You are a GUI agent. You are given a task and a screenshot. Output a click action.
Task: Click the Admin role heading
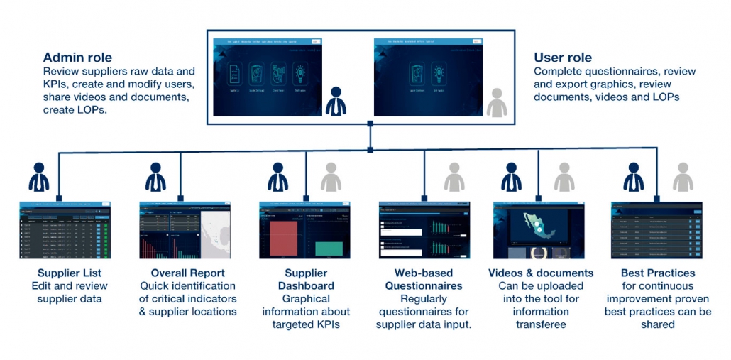tap(77, 58)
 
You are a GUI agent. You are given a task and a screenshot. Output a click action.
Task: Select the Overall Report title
tap(187, 273)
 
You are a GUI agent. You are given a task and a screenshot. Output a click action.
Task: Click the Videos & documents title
tap(541, 273)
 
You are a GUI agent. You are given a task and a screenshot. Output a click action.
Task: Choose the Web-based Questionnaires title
tap(424, 279)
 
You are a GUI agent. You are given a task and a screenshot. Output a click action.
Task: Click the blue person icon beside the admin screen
tap(336, 102)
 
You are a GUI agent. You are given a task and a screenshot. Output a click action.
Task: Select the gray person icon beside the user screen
tap(498, 102)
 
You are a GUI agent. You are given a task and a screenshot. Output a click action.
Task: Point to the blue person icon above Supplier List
tap(38, 177)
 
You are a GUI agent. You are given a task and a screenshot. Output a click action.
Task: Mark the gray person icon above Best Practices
tap(683, 177)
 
